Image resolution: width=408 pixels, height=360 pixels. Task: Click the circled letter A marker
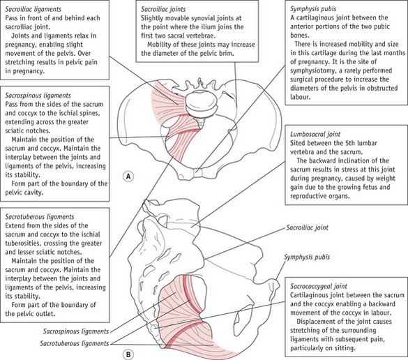pyautogui.click(x=128, y=177)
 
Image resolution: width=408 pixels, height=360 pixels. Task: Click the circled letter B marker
pyautogui.click(x=128, y=354)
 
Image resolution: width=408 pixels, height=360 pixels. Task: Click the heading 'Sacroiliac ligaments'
pyautogui.click(x=33, y=9)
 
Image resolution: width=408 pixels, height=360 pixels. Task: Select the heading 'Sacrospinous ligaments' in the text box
pyautogui.click(x=38, y=96)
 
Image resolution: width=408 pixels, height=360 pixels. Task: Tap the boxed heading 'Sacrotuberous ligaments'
pyautogui.click(x=40, y=217)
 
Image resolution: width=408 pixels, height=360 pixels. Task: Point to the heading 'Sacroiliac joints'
pyautogui.click(x=163, y=9)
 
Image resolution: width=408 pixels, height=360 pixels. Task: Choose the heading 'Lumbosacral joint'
pyautogui.click(x=315, y=135)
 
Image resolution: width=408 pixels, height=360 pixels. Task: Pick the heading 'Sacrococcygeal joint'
pyautogui.click(x=319, y=286)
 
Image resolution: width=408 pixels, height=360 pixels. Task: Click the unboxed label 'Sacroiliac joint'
pyautogui.click(x=308, y=227)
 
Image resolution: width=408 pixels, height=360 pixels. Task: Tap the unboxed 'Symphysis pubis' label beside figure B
pyautogui.click(x=307, y=257)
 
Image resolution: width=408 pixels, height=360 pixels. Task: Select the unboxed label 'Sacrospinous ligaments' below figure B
pyautogui.click(x=76, y=331)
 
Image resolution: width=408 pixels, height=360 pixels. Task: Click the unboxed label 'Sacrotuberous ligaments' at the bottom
pyautogui.click(x=75, y=343)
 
